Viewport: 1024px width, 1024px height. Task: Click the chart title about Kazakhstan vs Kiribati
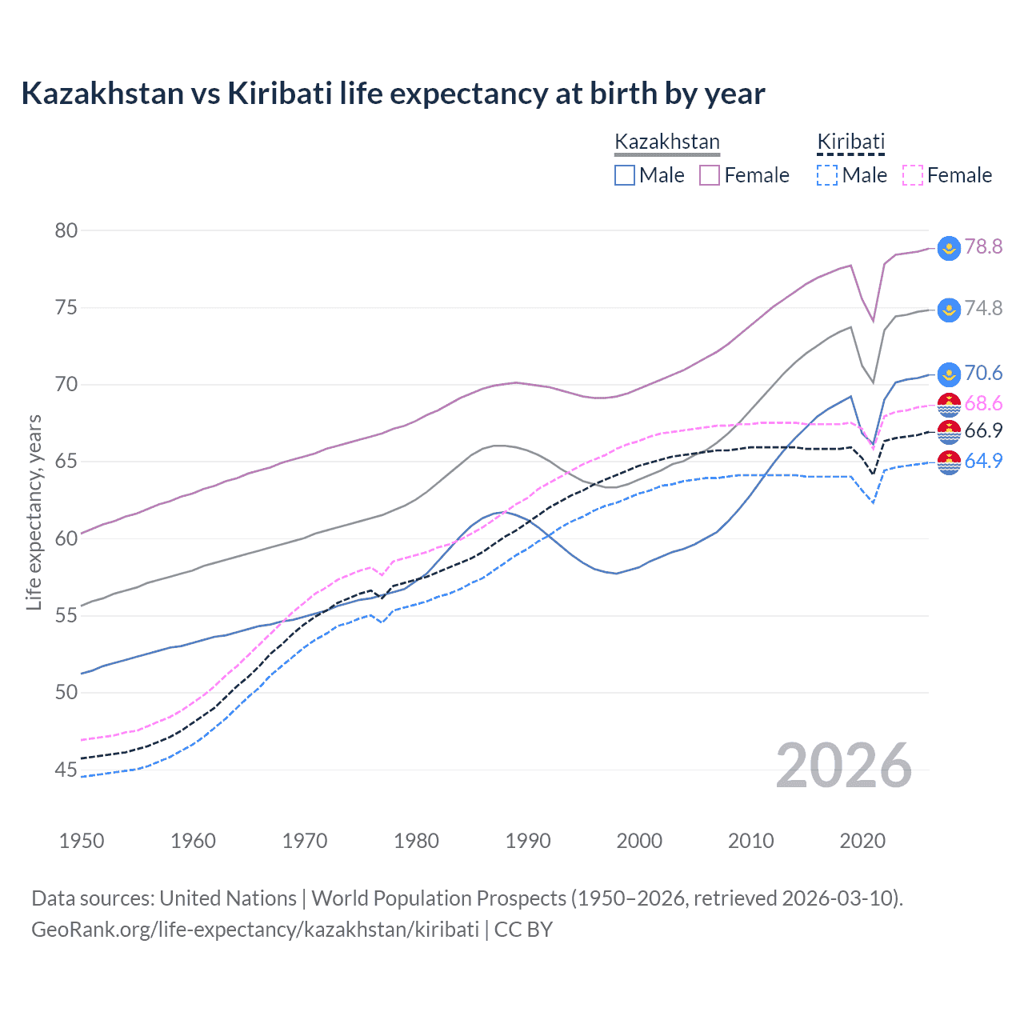[393, 94]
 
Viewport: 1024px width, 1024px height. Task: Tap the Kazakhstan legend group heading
[666, 142]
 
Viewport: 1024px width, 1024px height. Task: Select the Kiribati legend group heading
[850, 142]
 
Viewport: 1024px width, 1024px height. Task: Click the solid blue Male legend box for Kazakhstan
[625, 175]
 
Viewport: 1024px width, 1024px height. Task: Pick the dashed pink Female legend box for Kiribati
[913, 175]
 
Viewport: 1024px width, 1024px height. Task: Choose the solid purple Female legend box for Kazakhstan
[710, 175]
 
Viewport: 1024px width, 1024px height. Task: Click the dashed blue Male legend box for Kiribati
[828, 175]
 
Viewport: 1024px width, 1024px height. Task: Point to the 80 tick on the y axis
[66, 230]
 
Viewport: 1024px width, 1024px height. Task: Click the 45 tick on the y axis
[66, 770]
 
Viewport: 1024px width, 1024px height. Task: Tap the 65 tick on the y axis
[66, 462]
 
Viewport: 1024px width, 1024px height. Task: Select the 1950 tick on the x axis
[82, 841]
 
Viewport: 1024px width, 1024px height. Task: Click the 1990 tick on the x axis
[528, 841]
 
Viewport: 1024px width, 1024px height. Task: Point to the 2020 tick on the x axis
[862, 841]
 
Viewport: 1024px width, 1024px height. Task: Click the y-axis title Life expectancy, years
[34, 512]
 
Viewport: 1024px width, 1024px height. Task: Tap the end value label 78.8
[983, 246]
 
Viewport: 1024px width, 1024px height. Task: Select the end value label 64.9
[983, 461]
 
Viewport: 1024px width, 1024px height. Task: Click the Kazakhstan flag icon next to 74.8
[949, 310]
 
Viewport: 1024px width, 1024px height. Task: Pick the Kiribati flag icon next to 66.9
[949, 432]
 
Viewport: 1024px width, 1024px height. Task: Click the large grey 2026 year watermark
[844, 766]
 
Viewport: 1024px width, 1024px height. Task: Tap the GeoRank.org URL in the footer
[254, 930]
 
